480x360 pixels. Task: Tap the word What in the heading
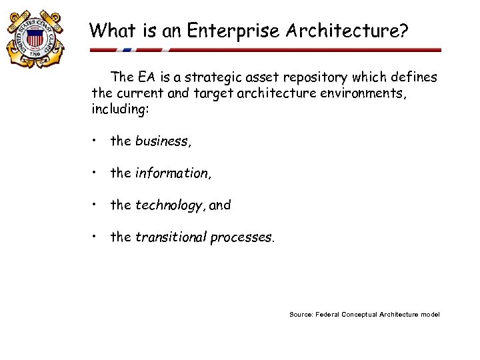[109, 30]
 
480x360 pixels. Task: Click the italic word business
[162, 141]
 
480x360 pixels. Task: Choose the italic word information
[172, 173]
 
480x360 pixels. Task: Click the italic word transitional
[171, 237]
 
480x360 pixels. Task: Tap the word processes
[241, 237]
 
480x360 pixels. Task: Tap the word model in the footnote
[430, 314]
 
